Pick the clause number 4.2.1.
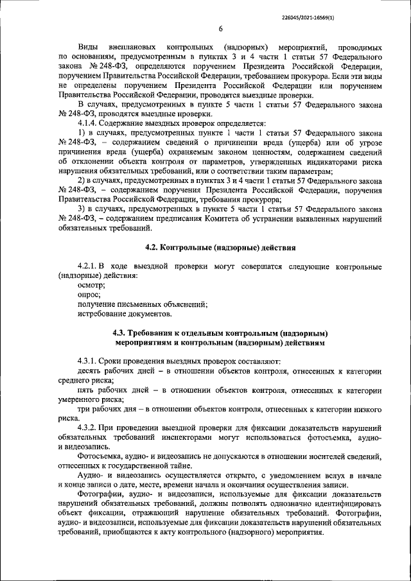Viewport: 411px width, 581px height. (x=91, y=266)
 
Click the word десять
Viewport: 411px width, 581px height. (x=90, y=370)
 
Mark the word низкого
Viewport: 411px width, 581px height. (x=365, y=408)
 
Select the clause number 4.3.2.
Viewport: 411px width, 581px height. (x=91, y=427)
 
